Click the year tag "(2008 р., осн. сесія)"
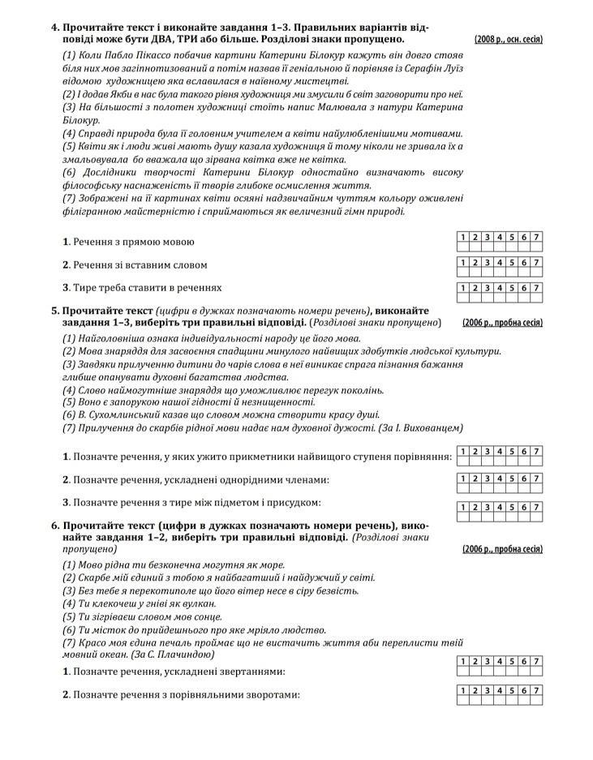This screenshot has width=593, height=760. (508, 39)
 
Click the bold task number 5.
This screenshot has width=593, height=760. (55, 311)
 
